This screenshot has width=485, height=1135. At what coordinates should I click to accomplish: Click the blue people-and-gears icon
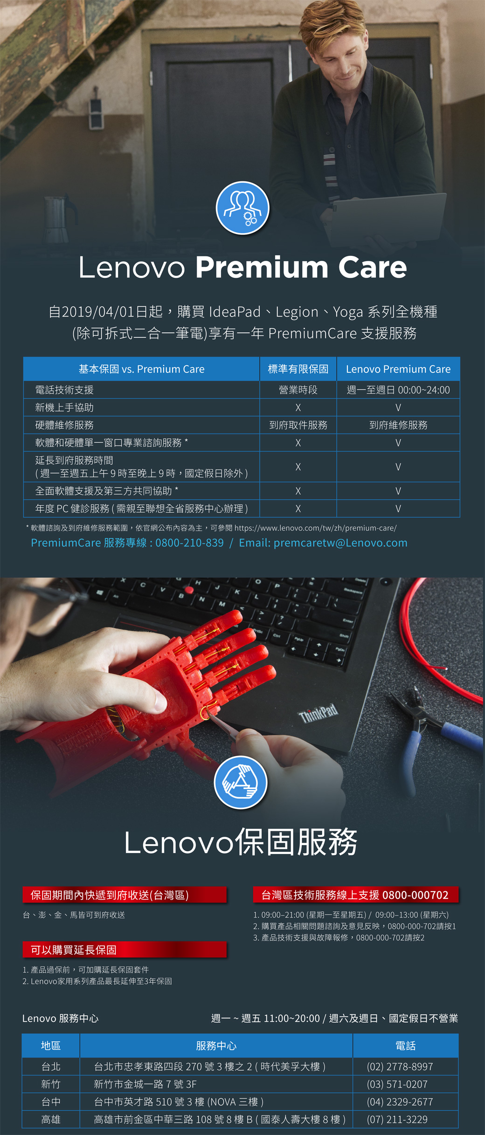click(x=242, y=208)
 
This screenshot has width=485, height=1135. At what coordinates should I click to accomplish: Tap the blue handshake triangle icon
click(x=241, y=782)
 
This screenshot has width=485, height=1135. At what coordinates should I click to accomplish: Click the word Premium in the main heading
click(x=262, y=268)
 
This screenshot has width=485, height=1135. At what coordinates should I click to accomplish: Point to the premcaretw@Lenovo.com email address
click(x=340, y=543)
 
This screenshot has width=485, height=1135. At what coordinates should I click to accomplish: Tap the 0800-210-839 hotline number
click(x=189, y=543)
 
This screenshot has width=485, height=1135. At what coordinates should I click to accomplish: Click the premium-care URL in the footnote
click(x=315, y=528)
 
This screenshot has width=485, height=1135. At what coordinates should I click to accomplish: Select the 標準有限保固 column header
click(x=298, y=369)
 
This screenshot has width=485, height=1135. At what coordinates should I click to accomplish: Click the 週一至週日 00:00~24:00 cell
click(x=398, y=390)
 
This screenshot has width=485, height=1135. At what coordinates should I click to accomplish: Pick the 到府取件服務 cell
click(x=298, y=425)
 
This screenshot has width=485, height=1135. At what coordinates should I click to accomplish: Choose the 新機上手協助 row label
click(x=64, y=407)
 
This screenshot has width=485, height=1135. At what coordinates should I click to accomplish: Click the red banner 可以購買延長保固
click(x=125, y=950)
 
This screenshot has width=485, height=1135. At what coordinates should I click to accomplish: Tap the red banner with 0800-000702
click(x=356, y=895)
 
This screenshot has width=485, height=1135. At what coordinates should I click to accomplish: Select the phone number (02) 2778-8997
click(x=400, y=1066)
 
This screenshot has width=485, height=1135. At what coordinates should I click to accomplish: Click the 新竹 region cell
click(x=51, y=1084)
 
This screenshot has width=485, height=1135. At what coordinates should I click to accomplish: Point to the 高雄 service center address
click(x=220, y=1120)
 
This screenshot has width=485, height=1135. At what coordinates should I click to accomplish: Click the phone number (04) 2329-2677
click(x=400, y=1102)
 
